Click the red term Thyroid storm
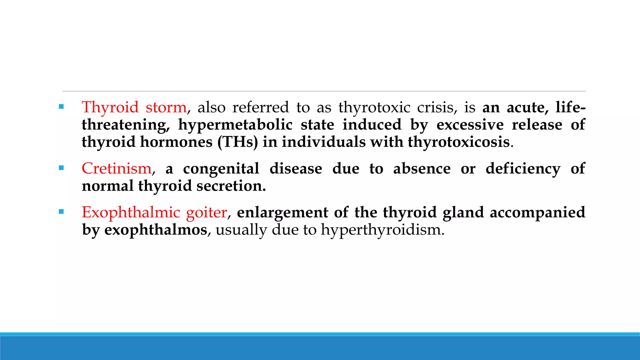pyautogui.click(x=134, y=107)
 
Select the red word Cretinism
pyautogui.click(x=117, y=169)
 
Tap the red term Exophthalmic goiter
pyautogui.click(x=154, y=212)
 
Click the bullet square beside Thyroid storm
pyautogui.click(x=61, y=107)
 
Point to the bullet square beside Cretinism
pyautogui.click(x=61, y=168)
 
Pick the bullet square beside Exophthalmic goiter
pyautogui.click(x=61, y=212)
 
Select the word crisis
pyautogui.click(x=437, y=107)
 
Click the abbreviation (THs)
pyautogui.click(x=238, y=142)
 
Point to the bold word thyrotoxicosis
pyautogui.click(x=459, y=142)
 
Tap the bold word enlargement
pyautogui.click(x=282, y=213)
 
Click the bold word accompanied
pyautogui.click(x=537, y=213)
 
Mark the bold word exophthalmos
pyautogui.click(x=156, y=230)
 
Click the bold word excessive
pyautogui.click(x=470, y=125)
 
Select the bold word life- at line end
pyautogui.click(x=570, y=107)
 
